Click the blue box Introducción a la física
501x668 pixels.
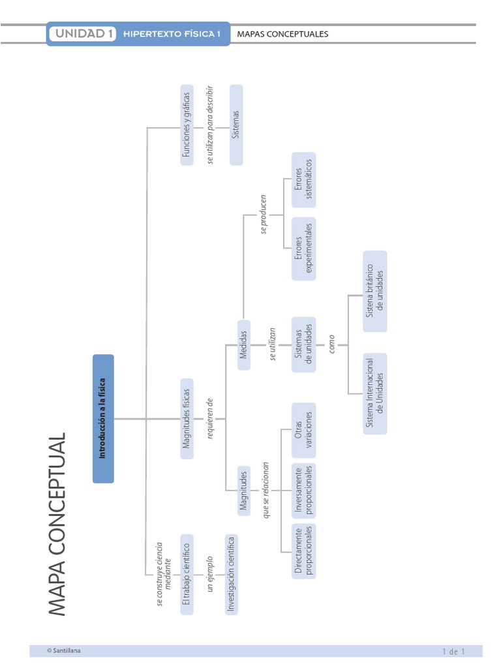103,418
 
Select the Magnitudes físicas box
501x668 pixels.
187,418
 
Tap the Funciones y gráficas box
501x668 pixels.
187,125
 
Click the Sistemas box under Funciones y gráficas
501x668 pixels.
235,125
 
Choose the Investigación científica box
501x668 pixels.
230,575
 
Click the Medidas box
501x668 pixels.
243,345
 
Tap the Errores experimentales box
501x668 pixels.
303,249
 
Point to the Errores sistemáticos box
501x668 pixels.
303,178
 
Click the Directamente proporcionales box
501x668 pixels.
303,551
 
